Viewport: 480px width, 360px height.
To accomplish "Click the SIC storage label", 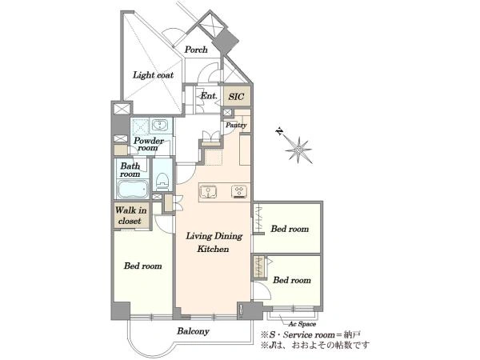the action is pyautogui.click(x=236, y=97).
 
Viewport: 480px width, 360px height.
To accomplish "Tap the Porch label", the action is pyautogui.click(x=196, y=50).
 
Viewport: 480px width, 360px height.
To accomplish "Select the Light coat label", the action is pyautogui.click(x=153, y=75).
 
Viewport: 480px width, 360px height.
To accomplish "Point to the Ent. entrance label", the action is pyautogui.click(x=209, y=95).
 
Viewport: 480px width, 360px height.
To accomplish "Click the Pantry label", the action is pyautogui.click(x=236, y=126).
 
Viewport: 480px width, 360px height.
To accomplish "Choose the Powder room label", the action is pyautogui.click(x=149, y=144).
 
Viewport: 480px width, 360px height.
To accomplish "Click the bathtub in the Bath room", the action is pyautogui.click(x=133, y=189).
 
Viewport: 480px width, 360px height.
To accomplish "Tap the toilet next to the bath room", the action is pyautogui.click(x=162, y=180).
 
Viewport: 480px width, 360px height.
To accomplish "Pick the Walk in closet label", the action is pyautogui.click(x=130, y=215).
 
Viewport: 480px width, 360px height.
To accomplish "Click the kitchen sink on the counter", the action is pyautogui.click(x=209, y=192).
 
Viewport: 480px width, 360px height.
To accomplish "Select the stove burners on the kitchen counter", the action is pyautogui.click(x=241, y=192).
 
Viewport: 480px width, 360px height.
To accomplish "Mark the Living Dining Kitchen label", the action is pyautogui.click(x=214, y=242).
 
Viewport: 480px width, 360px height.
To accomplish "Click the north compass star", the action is pyautogui.click(x=298, y=150).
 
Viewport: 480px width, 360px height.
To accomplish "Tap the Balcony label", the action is pyautogui.click(x=193, y=331).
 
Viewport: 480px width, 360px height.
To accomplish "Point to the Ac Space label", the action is pyautogui.click(x=302, y=324).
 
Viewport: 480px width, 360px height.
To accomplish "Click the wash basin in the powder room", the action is pyautogui.click(x=159, y=126).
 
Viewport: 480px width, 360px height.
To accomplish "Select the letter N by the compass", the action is pyautogui.click(x=279, y=132).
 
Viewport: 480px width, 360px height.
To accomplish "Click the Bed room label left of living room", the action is pyautogui.click(x=142, y=266).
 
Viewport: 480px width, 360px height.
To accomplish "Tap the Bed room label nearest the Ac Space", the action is pyautogui.click(x=292, y=280).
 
